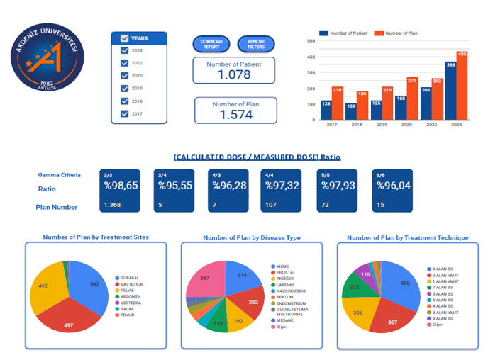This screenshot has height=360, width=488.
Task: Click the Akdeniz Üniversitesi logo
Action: (x=48, y=62)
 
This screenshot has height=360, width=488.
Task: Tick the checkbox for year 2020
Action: (x=125, y=76)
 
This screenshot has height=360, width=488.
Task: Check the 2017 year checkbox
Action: (x=125, y=113)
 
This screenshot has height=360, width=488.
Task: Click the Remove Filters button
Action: (x=255, y=44)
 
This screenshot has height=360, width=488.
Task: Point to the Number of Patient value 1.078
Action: (x=234, y=74)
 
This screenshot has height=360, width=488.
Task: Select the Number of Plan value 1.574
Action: (x=235, y=115)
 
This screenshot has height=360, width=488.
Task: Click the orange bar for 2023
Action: (x=462, y=85)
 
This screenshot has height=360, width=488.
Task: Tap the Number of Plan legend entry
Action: (x=398, y=33)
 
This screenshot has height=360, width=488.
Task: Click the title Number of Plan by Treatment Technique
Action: (x=407, y=237)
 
